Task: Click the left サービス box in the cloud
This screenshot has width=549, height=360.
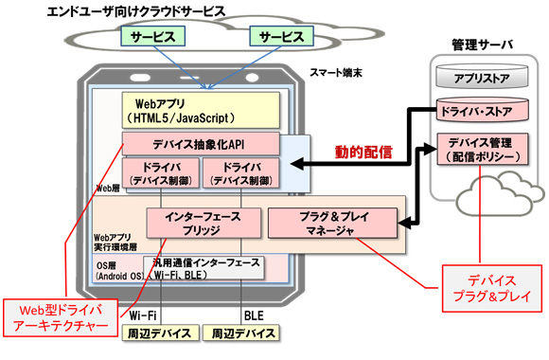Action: pyautogui.click(x=151, y=38)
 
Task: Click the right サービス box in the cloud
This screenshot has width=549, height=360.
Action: pyautogui.click(x=281, y=38)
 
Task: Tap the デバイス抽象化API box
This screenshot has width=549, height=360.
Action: pyautogui.click(x=200, y=144)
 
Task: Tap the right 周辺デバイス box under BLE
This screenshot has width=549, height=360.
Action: pyautogui.click(x=244, y=333)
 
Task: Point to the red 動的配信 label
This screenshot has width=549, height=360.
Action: pyautogui.click(x=364, y=152)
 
